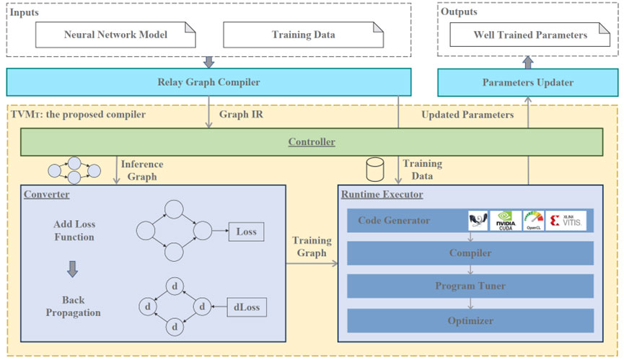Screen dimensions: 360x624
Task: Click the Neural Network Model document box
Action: tap(115, 35)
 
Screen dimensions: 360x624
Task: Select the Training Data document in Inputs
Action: tap(303, 35)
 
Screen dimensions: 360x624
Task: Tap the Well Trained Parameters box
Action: tap(529, 35)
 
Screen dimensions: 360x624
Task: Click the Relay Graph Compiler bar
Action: tap(208, 82)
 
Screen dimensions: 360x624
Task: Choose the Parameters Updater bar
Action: tap(528, 82)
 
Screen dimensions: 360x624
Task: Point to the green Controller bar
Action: tap(311, 142)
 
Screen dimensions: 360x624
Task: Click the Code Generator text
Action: tap(394, 220)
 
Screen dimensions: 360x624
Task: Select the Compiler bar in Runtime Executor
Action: tap(470, 253)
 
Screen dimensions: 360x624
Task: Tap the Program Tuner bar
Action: tap(470, 286)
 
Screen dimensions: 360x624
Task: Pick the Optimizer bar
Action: tap(470, 320)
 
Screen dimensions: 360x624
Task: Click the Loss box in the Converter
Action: tap(246, 232)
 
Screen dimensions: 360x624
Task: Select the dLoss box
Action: tap(246, 308)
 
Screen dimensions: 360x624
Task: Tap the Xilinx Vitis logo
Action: tap(566, 220)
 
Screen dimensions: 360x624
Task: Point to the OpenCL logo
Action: tap(534, 220)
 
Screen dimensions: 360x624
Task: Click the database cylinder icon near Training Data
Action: tap(375, 170)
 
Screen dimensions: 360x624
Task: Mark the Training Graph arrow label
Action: tap(312, 247)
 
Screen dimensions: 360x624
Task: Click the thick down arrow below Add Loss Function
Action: tap(73, 269)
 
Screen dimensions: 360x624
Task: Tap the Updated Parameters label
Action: tap(467, 115)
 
